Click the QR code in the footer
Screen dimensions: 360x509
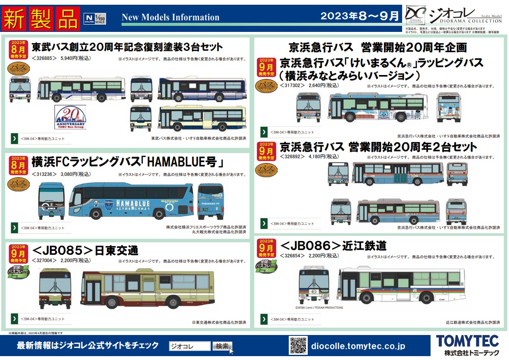click(x=298, y=346)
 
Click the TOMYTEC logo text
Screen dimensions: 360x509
click(x=467, y=341)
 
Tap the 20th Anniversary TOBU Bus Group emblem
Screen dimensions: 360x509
click(x=70, y=117)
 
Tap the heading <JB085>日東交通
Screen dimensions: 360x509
click(x=85, y=250)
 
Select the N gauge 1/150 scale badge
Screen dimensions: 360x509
click(x=94, y=19)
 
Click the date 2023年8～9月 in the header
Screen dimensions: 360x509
click(x=360, y=16)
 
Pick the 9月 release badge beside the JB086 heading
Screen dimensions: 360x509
click(x=267, y=248)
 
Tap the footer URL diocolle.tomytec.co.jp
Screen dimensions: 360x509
click(x=358, y=346)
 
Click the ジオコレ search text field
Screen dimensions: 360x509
click(x=189, y=346)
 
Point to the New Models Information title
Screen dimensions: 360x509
click(x=171, y=18)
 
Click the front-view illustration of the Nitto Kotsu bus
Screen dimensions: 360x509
click(x=55, y=288)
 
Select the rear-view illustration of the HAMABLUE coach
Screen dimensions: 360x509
click(x=210, y=201)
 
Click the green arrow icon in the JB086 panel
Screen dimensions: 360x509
click(x=264, y=319)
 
